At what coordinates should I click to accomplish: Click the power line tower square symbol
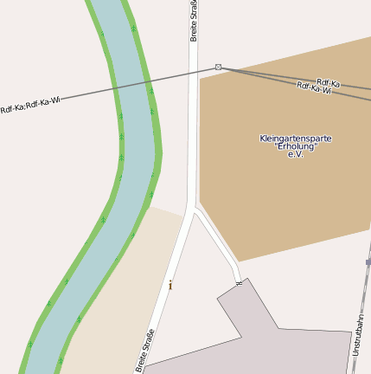(218, 67)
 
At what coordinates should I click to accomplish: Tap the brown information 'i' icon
(170, 284)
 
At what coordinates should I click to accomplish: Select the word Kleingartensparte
(295, 139)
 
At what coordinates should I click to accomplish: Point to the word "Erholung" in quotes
(296, 146)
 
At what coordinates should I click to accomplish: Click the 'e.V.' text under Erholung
(296, 154)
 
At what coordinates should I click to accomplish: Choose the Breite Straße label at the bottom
(145, 351)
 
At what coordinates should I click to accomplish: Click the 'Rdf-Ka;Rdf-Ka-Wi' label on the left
(31, 105)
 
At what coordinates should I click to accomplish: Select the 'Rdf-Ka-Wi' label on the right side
(314, 87)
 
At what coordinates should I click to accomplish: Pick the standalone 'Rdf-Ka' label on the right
(328, 83)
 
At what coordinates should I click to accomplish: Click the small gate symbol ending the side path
(239, 283)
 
